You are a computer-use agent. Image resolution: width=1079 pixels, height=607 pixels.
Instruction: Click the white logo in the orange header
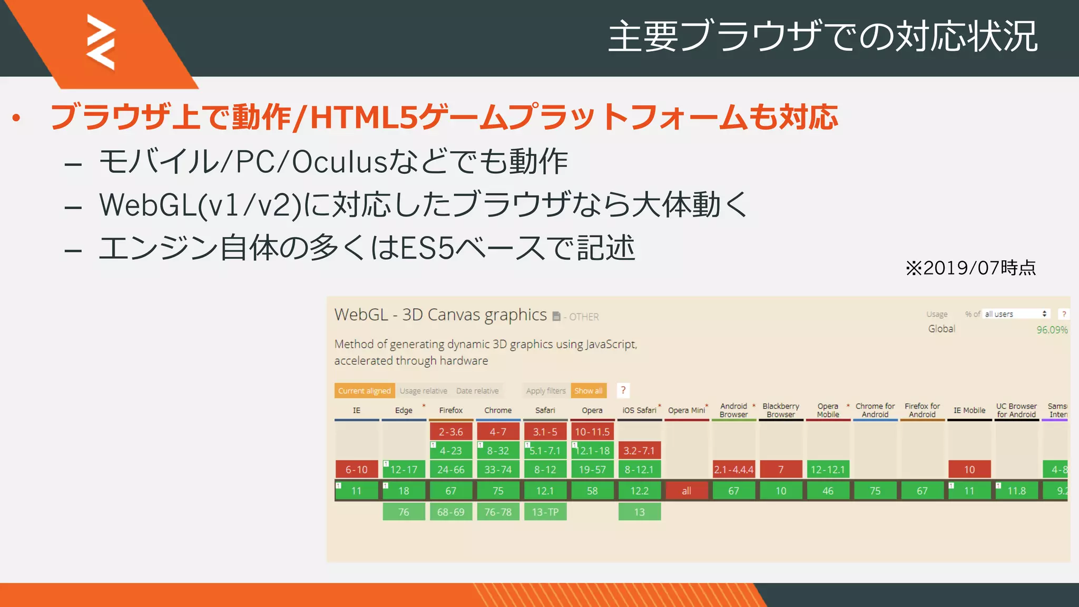coord(101,42)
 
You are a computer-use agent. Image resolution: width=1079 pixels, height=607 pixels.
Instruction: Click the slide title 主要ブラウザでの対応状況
coord(822,36)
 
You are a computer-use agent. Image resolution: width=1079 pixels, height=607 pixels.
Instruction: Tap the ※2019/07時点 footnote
coord(970,268)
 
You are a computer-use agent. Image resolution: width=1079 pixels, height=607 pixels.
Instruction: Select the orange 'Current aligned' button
coord(364,390)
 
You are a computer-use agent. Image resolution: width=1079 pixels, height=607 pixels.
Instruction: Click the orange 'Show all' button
coord(588,390)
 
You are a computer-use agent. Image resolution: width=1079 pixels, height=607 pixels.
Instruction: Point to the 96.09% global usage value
coord(1052,330)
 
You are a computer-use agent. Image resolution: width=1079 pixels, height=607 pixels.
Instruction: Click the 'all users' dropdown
coord(1016,314)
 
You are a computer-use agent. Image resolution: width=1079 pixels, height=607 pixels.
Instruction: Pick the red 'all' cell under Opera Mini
coord(686,491)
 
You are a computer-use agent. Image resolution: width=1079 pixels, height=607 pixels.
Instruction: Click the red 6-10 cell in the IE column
coord(357,469)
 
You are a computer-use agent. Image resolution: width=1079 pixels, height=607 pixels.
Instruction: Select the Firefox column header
coord(450,410)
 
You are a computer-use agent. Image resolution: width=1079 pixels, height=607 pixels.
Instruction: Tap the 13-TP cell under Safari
coord(545,512)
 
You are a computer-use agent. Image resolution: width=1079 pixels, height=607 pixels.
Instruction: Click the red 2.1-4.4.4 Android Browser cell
coord(733,469)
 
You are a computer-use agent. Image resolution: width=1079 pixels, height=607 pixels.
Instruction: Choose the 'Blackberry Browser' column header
coord(780,410)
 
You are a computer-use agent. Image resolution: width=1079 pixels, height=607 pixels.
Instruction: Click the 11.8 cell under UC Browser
coord(1016,491)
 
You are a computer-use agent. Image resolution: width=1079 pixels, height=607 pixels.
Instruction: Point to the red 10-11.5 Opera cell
coord(592,432)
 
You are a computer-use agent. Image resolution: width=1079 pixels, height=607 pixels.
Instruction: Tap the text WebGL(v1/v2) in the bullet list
coord(200,204)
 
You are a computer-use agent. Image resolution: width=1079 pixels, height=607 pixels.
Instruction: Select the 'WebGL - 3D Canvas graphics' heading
coord(440,315)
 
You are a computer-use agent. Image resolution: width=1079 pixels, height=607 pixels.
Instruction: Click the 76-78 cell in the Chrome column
coord(498,512)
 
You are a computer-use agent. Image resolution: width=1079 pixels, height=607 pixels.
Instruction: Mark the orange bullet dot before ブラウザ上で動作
coord(16,118)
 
